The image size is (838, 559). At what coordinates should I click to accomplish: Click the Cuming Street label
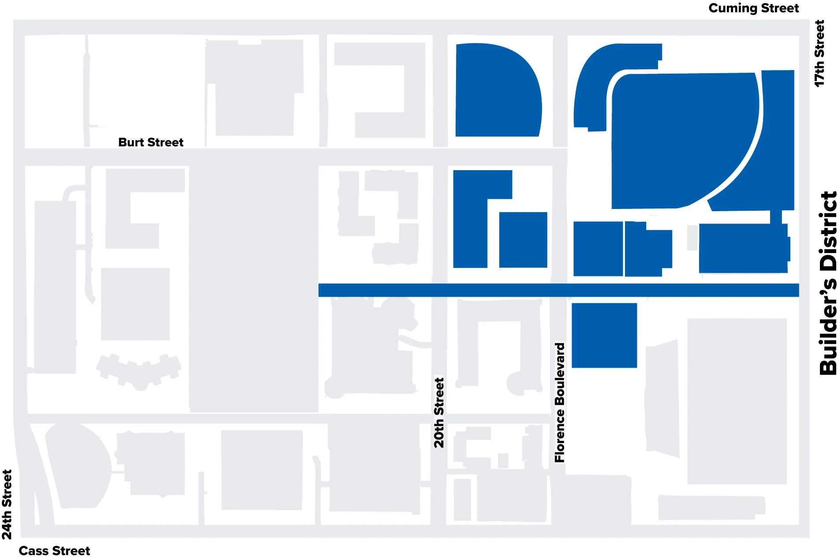[x=753, y=8]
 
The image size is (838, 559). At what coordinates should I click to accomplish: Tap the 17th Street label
[x=819, y=53]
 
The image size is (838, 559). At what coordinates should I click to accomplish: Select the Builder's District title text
[x=828, y=283]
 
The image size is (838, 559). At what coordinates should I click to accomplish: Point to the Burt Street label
[x=151, y=142]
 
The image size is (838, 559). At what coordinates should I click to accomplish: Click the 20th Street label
[x=439, y=413]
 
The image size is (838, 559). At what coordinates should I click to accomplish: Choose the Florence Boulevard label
[x=560, y=402]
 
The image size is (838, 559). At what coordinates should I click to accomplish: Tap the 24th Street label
[x=7, y=504]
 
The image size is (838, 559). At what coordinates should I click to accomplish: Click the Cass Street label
[x=54, y=551]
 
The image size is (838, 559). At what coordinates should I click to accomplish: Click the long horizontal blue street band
[x=558, y=290]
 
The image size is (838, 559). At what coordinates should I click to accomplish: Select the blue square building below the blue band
[x=604, y=335]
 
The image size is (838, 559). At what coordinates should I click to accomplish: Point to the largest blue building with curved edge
[x=679, y=141]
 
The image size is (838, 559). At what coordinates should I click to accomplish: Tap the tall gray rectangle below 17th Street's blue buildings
[x=737, y=401]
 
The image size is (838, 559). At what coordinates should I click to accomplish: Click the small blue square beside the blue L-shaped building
[x=523, y=240]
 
